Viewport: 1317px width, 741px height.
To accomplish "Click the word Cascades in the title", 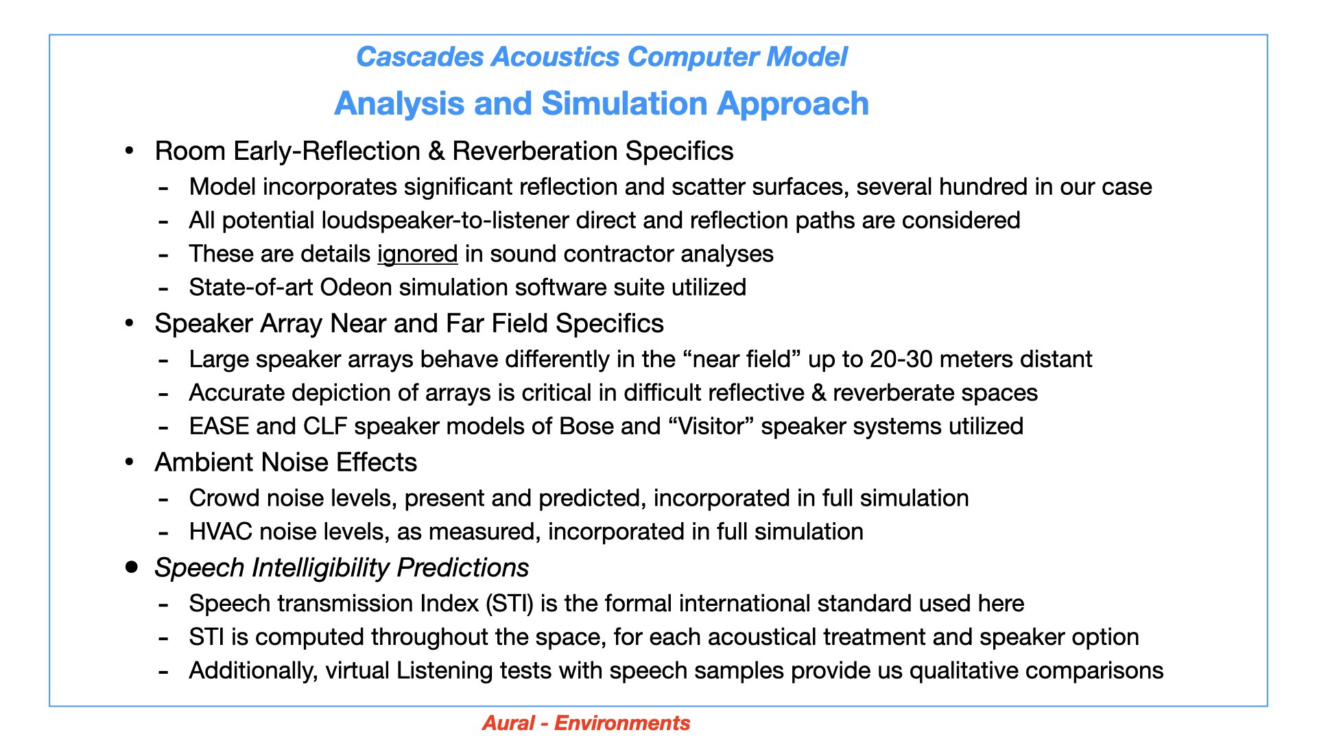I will [x=420, y=57].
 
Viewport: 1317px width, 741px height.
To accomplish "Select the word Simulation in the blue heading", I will [x=624, y=104].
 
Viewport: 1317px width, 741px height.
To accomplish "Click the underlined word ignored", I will [x=417, y=254].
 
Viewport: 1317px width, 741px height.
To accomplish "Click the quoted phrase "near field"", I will [x=742, y=360].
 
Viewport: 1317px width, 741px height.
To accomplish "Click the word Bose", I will [x=586, y=427].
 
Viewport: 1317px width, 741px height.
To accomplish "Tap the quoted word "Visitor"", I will [x=711, y=427].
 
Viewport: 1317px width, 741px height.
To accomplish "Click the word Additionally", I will [x=253, y=671].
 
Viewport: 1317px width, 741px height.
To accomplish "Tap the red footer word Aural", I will [x=508, y=723].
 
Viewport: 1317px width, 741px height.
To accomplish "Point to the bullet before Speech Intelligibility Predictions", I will [x=131, y=567].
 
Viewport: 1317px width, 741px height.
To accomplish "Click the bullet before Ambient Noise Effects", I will [x=130, y=462].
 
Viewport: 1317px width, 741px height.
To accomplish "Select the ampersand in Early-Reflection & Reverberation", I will [x=436, y=152].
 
